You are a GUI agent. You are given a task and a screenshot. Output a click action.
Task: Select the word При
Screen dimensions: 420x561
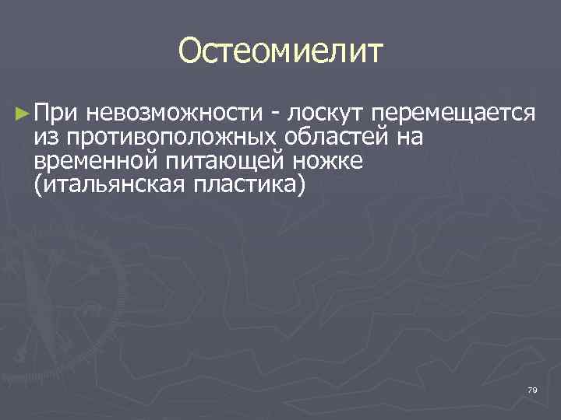click(x=57, y=114)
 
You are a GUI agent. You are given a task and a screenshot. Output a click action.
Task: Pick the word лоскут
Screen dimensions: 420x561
click(x=326, y=115)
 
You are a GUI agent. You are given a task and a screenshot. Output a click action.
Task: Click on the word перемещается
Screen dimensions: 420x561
click(x=453, y=115)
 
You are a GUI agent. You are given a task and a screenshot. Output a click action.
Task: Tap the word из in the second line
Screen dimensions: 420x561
click(x=45, y=138)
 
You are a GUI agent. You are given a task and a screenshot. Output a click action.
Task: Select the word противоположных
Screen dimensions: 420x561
click(x=174, y=138)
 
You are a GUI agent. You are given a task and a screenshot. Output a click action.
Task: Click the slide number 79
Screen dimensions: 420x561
click(x=532, y=390)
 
